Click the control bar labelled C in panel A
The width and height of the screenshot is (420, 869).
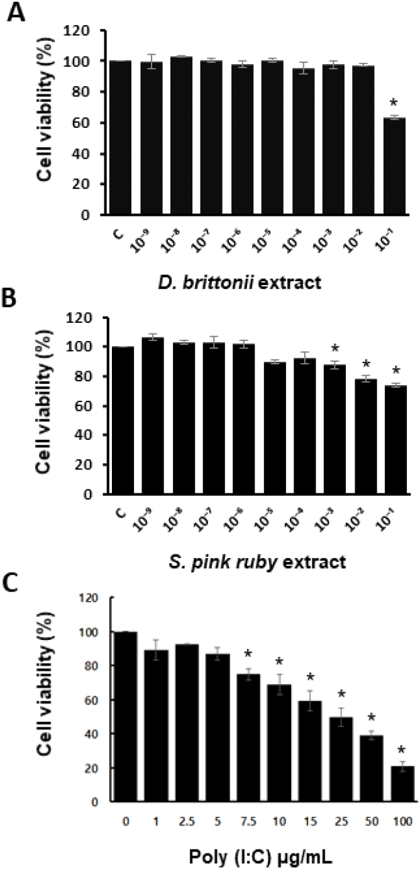click(x=123, y=138)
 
